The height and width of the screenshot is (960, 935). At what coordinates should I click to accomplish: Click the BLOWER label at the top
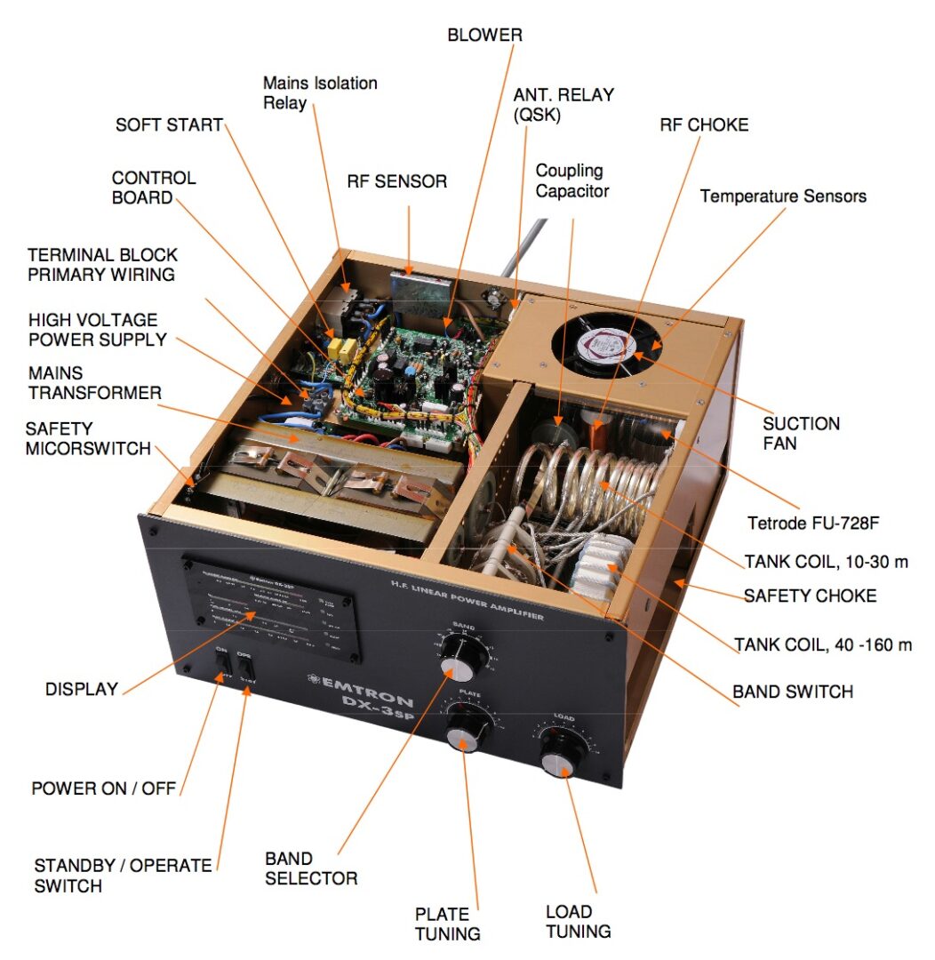[484, 36]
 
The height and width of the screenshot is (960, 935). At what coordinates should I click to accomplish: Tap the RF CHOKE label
[704, 125]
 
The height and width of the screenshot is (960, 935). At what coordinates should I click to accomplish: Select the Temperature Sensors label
[783, 196]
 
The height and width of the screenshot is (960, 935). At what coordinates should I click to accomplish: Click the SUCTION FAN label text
[801, 433]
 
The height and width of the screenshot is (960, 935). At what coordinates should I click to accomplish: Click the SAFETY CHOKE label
[810, 596]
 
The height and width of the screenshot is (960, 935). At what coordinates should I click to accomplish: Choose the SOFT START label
[169, 124]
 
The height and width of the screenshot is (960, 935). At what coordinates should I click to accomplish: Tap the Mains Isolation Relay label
[320, 92]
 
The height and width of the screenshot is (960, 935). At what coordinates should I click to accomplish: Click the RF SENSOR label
[396, 182]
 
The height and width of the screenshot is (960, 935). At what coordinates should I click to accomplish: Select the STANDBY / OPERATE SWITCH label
[123, 876]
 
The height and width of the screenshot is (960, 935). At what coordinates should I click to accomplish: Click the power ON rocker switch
[222, 667]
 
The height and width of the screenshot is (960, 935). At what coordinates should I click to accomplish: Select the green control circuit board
[409, 373]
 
